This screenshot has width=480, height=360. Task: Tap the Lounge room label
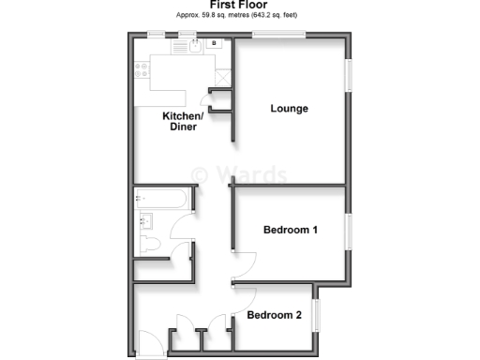pyautogui.click(x=290, y=109)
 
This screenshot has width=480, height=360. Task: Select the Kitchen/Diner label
pyautogui.click(x=183, y=121)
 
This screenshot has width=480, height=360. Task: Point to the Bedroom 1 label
pyautogui.click(x=291, y=230)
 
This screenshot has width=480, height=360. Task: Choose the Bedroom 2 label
pyautogui.click(x=274, y=316)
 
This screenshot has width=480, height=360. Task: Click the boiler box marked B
pyautogui.click(x=215, y=43)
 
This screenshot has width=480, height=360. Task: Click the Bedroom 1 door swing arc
pyautogui.click(x=246, y=264)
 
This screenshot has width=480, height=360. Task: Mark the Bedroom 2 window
pyautogui.click(x=317, y=314)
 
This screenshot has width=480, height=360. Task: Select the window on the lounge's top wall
pyautogui.click(x=277, y=36)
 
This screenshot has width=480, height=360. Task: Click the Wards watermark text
pyautogui.click(x=239, y=174)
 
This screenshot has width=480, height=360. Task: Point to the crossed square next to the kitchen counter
pyautogui.click(x=222, y=79)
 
